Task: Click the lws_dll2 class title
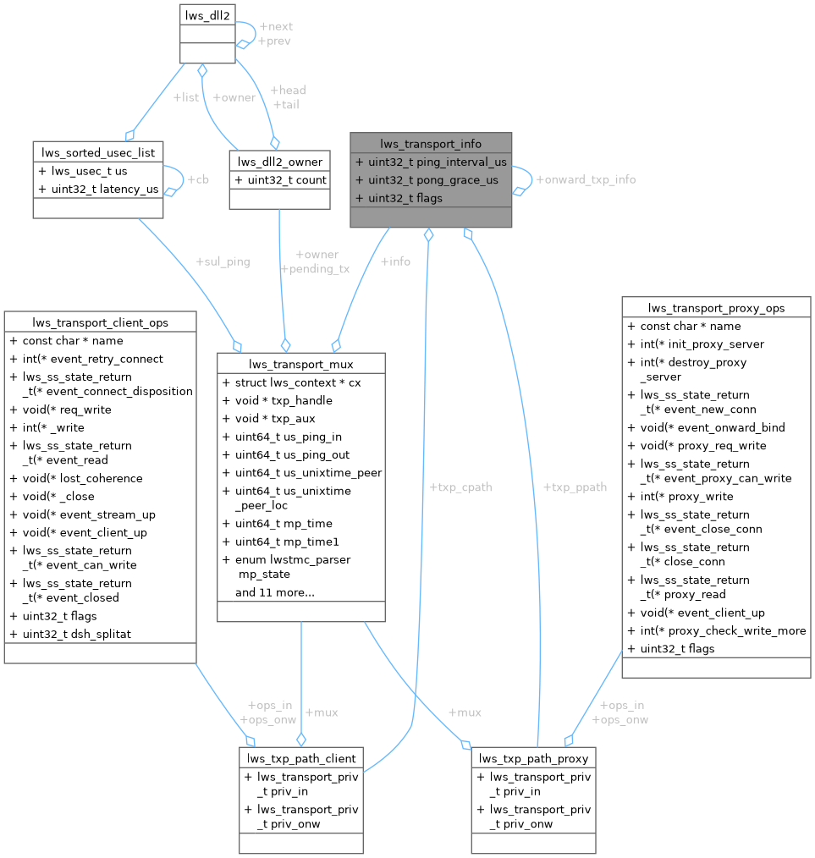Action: [x=207, y=14]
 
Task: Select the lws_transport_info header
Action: [x=431, y=143]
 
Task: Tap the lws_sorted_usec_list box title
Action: [x=98, y=152]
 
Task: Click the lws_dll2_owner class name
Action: [x=279, y=162]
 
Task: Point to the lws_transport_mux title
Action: [x=301, y=364]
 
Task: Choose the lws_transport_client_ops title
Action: [x=100, y=322]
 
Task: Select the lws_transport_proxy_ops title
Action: [x=716, y=308]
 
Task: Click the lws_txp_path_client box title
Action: [x=301, y=757]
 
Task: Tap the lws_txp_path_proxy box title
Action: [x=533, y=757]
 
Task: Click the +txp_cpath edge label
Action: [x=460, y=487]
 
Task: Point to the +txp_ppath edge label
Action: [x=575, y=487]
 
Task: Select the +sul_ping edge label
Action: [x=223, y=261]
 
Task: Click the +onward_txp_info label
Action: [x=586, y=179]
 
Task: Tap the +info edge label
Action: [x=395, y=261]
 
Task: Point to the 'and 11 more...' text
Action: [x=275, y=592]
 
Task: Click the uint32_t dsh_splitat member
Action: [x=76, y=633]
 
